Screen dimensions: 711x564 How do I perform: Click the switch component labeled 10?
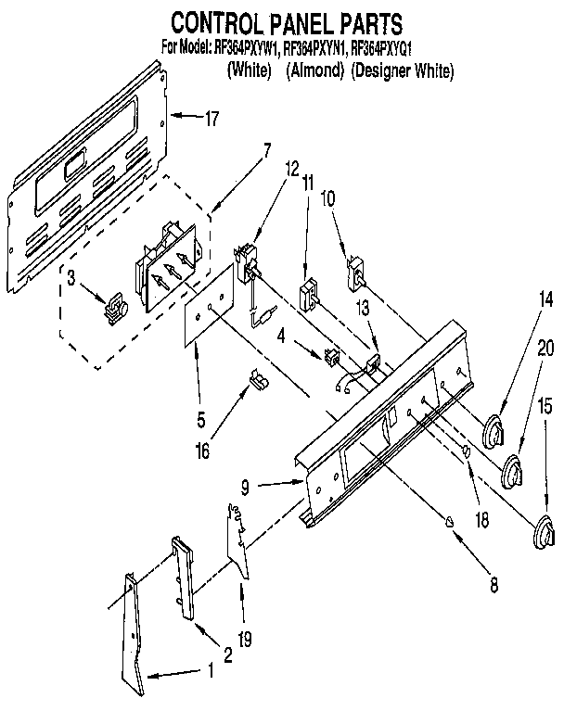(356, 271)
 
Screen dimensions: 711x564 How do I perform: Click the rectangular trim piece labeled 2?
(182, 578)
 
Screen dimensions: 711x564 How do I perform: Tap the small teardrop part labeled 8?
(450, 521)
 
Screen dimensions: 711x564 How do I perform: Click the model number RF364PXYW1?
(243, 47)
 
